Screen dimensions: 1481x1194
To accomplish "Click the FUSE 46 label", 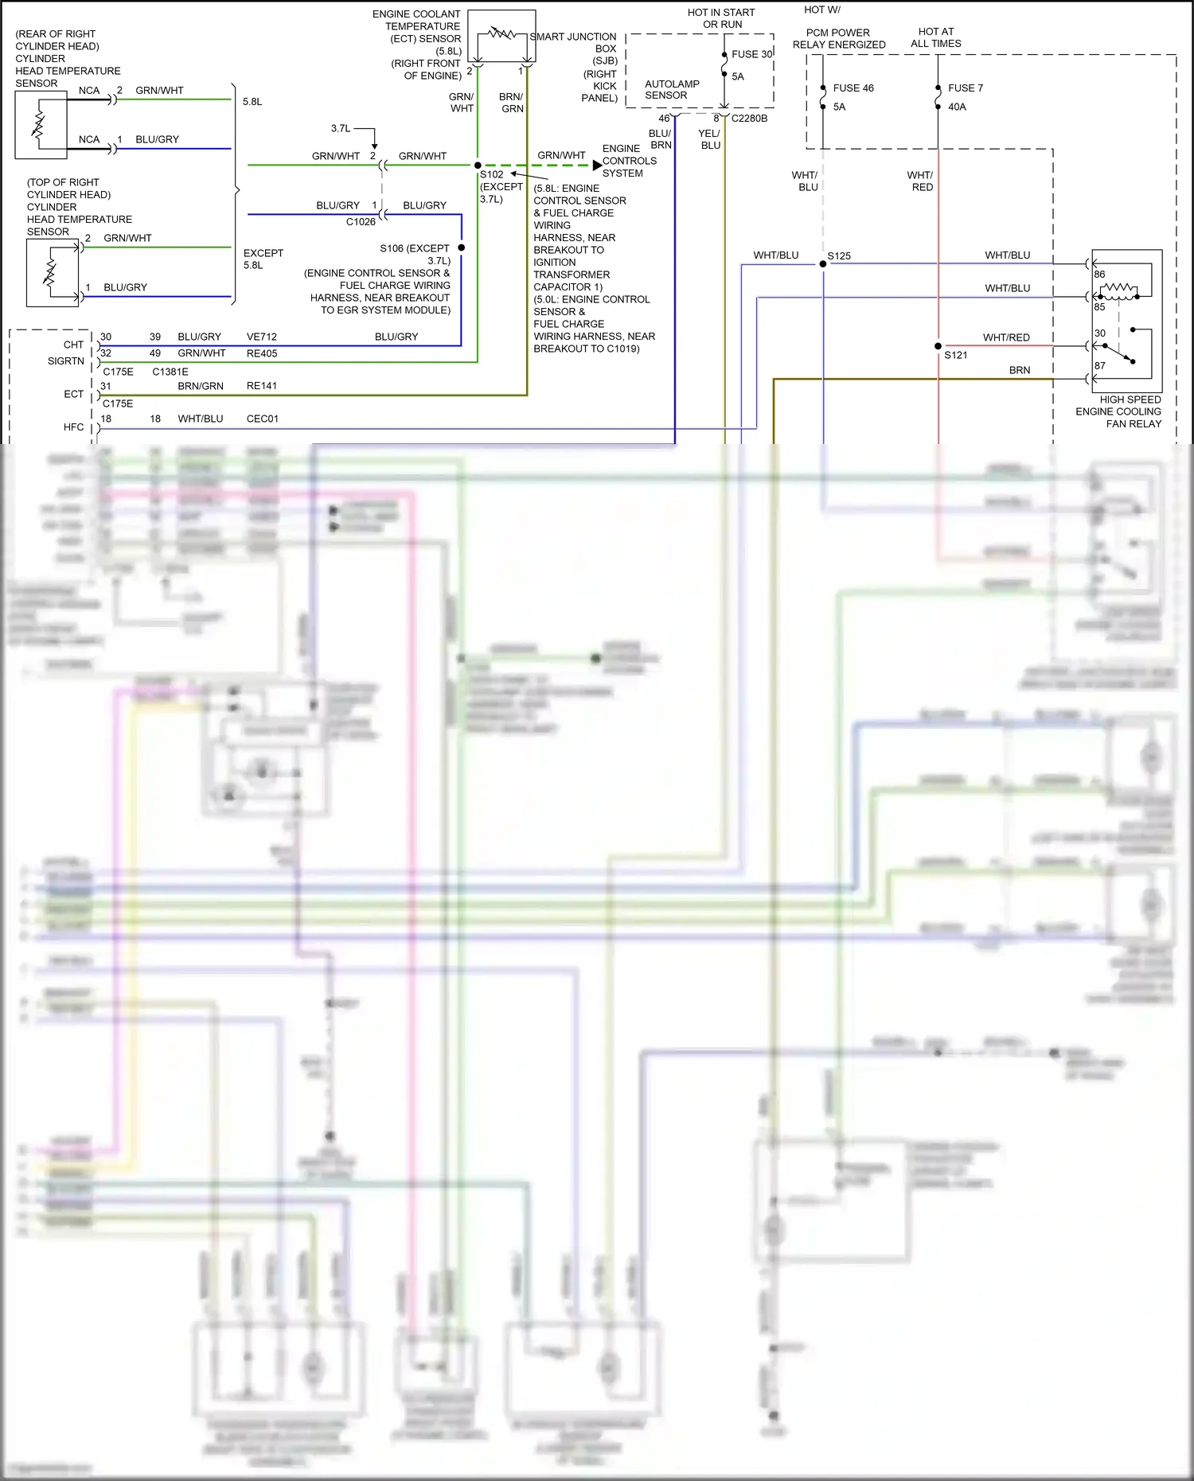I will tap(853, 88).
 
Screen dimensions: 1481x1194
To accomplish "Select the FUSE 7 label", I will tap(965, 88).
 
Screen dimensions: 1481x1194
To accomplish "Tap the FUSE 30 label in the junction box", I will tap(751, 54).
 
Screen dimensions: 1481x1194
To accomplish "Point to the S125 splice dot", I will tap(823, 264).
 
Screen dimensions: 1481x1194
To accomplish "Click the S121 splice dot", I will tap(938, 346).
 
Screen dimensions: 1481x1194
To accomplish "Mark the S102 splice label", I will tap(491, 174).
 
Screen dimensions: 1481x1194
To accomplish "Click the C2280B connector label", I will tap(749, 119).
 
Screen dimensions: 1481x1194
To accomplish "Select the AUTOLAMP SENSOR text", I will tap(671, 90).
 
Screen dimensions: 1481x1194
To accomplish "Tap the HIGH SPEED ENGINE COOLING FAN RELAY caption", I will tap(1118, 411).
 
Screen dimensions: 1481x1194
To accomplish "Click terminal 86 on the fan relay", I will tap(1099, 275).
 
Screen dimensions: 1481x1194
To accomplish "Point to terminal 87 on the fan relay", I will tap(1099, 366).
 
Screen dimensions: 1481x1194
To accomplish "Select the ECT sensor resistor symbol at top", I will tap(501, 33).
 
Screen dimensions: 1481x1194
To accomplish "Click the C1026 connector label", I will tap(361, 222).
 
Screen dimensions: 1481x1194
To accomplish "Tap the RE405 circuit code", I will tap(262, 353).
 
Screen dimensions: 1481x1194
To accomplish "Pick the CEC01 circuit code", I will tap(263, 419).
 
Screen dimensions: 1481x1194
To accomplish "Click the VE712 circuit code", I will tap(262, 337).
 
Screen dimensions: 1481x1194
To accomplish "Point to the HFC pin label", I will tap(73, 427).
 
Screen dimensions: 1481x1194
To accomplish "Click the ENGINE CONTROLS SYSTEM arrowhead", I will tap(597, 166).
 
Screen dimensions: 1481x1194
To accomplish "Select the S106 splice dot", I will tap(462, 248).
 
